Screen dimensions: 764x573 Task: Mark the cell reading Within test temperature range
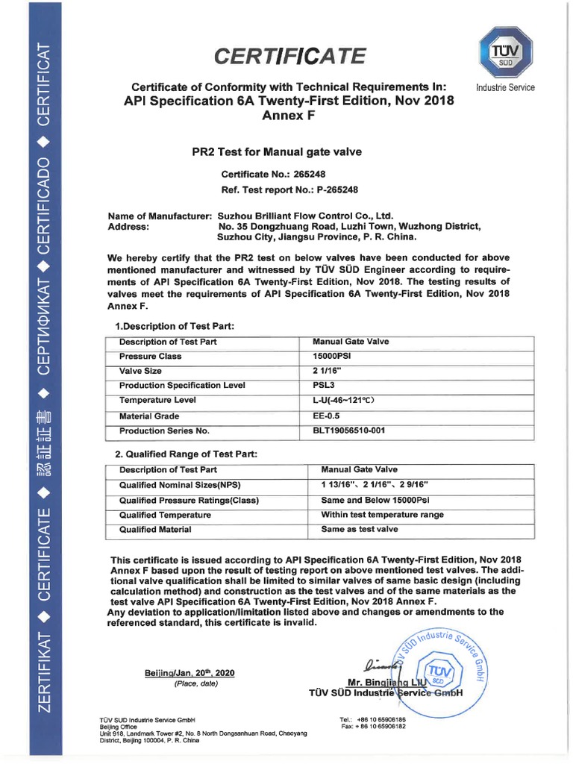(x=382, y=514)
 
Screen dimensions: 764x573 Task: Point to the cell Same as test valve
(x=360, y=529)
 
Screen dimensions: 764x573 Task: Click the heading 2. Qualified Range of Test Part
(x=185, y=454)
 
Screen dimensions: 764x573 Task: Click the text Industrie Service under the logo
(x=505, y=87)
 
